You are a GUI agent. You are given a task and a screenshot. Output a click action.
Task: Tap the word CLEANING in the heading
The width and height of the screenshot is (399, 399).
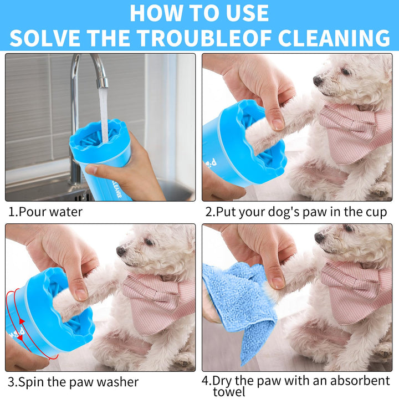[x=334, y=38]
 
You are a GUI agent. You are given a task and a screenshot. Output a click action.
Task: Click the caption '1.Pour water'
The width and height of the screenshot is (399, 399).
[x=45, y=212]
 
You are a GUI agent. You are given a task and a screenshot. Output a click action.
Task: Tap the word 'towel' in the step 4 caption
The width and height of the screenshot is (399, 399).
[x=229, y=392]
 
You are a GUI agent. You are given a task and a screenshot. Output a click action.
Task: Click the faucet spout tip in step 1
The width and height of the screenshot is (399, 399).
[x=103, y=84]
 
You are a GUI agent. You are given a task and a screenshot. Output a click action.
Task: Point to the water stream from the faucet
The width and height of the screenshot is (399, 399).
[x=104, y=115]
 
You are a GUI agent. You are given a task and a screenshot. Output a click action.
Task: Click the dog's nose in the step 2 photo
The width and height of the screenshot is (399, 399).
[x=318, y=81]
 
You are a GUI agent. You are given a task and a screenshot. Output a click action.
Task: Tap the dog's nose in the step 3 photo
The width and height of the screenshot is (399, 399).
[x=121, y=252]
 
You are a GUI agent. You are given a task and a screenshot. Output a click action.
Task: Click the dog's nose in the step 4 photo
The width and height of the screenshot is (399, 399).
[x=320, y=238]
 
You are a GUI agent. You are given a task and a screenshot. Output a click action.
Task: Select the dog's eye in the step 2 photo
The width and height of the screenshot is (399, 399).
[x=346, y=71]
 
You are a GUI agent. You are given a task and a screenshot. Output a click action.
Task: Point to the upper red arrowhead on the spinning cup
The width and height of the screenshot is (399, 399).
[x=22, y=321]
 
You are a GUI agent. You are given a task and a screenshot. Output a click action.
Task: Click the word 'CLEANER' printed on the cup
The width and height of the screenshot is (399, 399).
[x=117, y=190]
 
